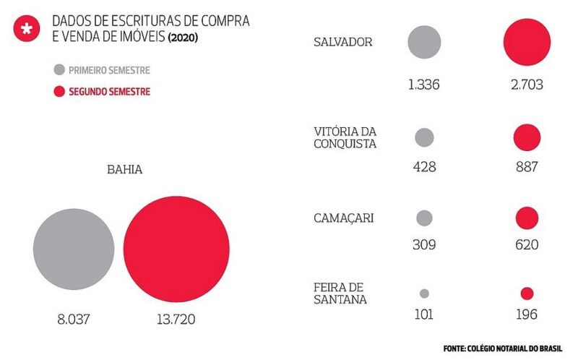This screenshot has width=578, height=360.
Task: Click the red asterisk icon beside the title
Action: (27, 29)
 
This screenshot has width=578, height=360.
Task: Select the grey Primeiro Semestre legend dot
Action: (59, 71)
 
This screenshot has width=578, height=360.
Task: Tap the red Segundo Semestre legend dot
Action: (59, 92)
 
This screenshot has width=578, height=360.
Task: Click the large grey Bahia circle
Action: (74, 249)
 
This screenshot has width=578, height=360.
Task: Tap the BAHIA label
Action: (124, 171)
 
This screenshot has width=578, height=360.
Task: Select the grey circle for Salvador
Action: (424, 42)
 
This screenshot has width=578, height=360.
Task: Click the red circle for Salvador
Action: (527, 43)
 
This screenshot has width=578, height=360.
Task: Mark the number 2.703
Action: (527, 85)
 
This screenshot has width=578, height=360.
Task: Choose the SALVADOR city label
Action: (343, 42)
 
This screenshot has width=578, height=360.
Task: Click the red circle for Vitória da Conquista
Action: (527, 137)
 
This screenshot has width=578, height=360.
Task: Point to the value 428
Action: (424, 167)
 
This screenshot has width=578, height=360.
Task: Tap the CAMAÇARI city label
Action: (344, 218)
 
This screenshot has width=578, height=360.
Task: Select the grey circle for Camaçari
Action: (425, 218)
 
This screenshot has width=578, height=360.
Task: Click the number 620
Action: (527, 245)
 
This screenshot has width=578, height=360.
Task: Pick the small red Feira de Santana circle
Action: (527, 293)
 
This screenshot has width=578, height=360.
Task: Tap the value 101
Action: (424, 315)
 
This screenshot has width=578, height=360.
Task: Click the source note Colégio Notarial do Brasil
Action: (502, 348)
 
